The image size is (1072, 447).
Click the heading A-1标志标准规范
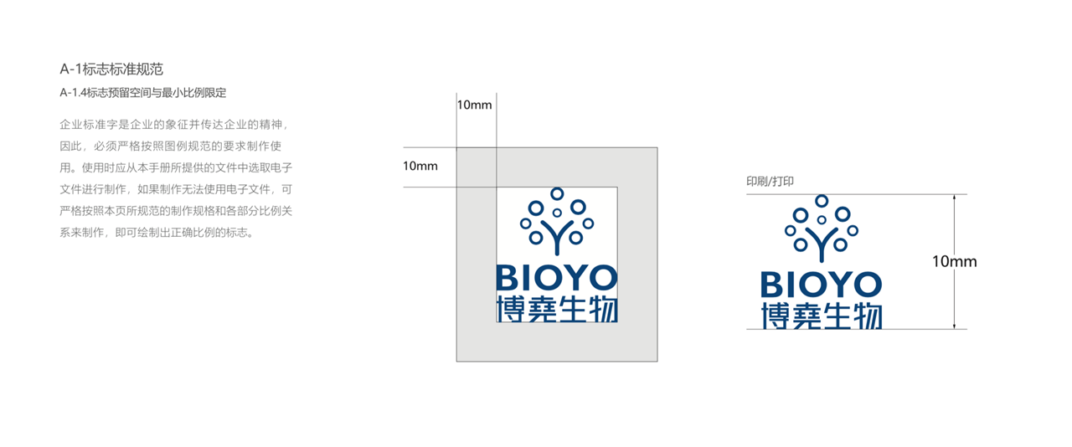pos(111,69)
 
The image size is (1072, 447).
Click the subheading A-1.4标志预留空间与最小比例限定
pos(143,92)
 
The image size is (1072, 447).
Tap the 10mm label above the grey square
pos(474,105)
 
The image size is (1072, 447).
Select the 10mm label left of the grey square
pos(420,166)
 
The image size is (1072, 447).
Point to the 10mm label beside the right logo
pos(954,261)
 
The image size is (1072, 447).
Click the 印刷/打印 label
pos(770,182)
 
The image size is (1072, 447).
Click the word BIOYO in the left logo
pos(557,278)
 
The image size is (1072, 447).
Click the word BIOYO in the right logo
pos(822,285)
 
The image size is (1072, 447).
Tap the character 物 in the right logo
pos(867,316)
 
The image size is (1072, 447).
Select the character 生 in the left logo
pos(572,309)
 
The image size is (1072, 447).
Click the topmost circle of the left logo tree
pos(557,193)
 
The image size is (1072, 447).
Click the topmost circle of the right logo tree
pos(822,201)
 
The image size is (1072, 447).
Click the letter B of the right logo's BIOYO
pos(771,285)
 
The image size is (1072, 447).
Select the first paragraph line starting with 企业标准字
pos(175,125)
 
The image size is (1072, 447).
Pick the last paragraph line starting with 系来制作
pos(157,233)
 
